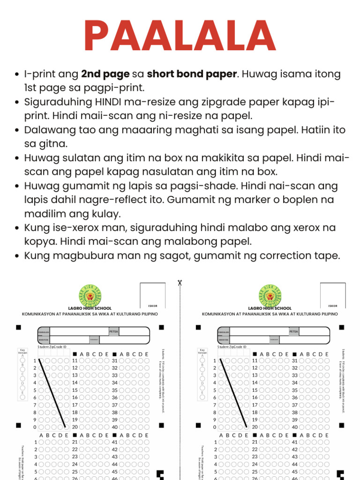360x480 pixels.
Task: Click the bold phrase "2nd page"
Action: (105, 74)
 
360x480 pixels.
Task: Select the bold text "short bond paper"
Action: (192, 74)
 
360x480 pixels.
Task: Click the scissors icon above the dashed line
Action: (180, 283)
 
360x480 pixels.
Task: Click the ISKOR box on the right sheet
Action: (333, 296)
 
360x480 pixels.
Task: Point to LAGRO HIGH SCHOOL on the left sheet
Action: (90, 308)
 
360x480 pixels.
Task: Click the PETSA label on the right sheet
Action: (294, 331)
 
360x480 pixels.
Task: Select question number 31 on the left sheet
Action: (114, 361)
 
